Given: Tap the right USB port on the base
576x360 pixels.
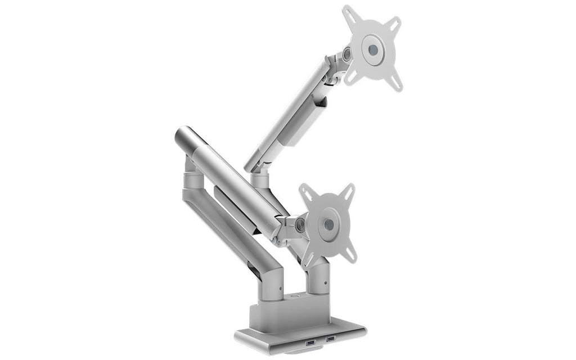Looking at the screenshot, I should click(x=330, y=339).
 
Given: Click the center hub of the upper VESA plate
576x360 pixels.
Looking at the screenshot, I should click(x=372, y=49).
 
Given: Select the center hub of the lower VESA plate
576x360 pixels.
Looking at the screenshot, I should click(x=329, y=224).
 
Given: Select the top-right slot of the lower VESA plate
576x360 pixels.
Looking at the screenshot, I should click(x=348, y=192).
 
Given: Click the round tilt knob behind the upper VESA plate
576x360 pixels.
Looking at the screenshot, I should click(x=346, y=55).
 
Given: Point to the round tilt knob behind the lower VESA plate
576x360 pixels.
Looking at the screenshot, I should click(x=300, y=225).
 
